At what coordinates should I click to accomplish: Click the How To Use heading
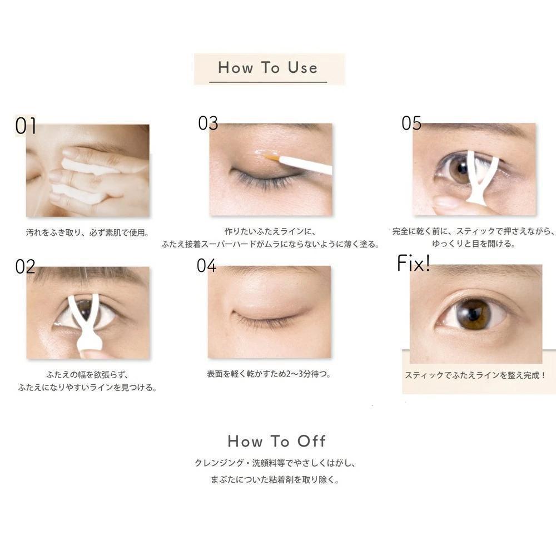268,67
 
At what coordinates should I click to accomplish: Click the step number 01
26,126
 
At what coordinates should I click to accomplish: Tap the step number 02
25,267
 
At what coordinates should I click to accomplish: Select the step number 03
208,123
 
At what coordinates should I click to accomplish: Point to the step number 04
207,265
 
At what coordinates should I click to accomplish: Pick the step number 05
411,123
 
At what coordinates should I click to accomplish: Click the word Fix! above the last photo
414,263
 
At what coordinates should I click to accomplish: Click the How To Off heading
276,441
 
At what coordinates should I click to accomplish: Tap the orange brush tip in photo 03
272,157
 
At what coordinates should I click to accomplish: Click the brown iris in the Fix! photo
473,314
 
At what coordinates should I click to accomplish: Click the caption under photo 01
87,232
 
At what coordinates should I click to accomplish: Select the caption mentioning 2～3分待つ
269,374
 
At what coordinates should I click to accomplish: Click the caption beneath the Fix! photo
475,375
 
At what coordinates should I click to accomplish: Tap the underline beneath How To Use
268,82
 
